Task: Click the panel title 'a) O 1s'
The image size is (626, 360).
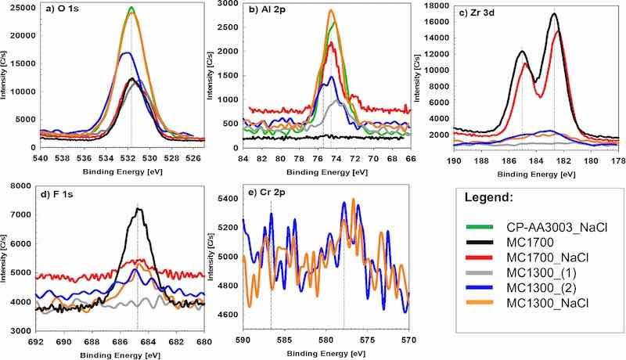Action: pyautogui.click(x=60, y=10)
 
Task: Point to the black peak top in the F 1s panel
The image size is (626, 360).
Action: pyautogui.click(x=139, y=209)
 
